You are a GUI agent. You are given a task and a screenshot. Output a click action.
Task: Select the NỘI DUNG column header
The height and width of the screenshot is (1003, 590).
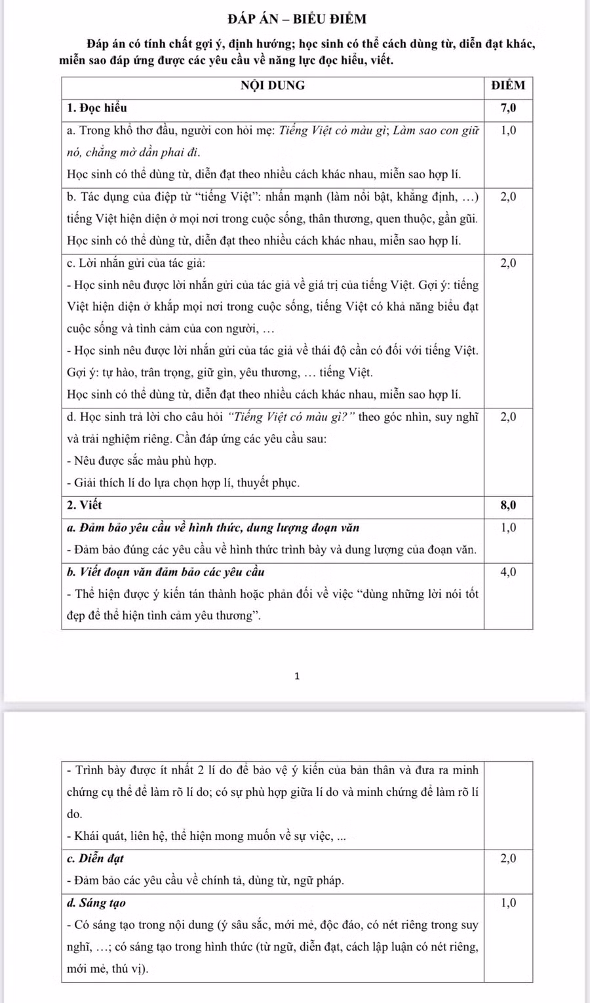click(x=273, y=85)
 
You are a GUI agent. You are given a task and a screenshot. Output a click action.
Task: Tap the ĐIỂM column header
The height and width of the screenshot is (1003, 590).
click(x=508, y=85)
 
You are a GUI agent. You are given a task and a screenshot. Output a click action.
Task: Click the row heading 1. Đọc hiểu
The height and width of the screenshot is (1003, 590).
click(x=97, y=108)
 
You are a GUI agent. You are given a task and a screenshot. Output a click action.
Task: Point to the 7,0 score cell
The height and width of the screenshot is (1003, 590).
click(x=508, y=108)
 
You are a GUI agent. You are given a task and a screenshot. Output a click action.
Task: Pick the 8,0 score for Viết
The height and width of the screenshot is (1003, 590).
click(x=508, y=505)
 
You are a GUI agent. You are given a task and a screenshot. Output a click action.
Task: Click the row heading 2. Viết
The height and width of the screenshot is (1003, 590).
click(x=85, y=505)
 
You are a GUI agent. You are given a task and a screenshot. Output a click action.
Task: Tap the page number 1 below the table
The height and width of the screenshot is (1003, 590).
click(x=297, y=676)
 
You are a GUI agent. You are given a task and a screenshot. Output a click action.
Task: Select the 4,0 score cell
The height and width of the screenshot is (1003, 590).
click(x=508, y=572)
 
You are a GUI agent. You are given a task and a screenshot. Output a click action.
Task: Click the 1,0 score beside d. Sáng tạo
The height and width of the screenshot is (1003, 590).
click(x=508, y=903)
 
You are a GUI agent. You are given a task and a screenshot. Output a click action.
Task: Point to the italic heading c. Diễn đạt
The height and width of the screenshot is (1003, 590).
click(x=96, y=858)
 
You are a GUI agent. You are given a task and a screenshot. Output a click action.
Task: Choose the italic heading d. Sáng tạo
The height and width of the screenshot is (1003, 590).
click(x=96, y=903)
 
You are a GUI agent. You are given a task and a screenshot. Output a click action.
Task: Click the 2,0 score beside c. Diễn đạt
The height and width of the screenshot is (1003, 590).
click(x=508, y=858)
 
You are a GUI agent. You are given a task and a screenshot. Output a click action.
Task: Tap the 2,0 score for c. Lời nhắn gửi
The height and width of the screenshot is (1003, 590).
click(x=508, y=263)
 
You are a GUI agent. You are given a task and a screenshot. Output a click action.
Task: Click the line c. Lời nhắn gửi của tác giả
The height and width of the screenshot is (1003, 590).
click(x=136, y=263)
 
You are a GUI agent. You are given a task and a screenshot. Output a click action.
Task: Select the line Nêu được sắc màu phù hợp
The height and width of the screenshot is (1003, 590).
click(x=142, y=461)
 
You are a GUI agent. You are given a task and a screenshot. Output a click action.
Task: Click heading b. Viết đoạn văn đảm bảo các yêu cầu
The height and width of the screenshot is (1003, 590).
click(x=166, y=572)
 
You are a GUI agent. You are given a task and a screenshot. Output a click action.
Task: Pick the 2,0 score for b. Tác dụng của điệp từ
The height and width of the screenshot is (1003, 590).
click(x=508, y=197)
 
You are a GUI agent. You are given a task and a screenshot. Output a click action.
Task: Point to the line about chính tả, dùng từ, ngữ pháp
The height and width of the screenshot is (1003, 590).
click(x=205, y=880)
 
